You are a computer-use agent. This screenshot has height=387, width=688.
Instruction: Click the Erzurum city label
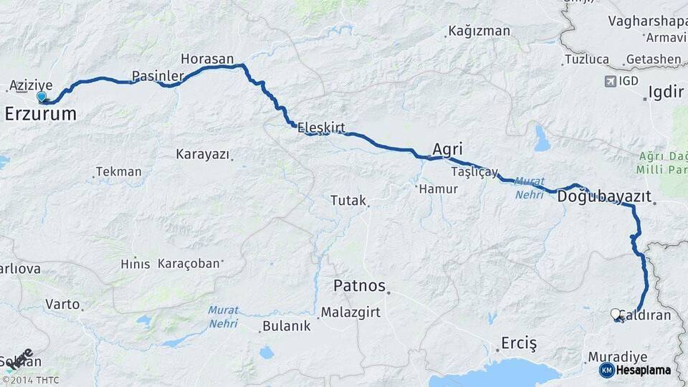click(40, 114)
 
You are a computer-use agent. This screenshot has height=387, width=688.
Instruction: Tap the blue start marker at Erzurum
click(42, 97)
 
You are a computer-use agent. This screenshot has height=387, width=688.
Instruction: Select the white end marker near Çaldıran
click(615, 313)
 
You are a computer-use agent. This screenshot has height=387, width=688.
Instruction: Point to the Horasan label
click(207, 59)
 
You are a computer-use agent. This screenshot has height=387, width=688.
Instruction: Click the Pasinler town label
click(153, 75)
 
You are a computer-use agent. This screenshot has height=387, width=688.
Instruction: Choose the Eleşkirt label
click(321, 128)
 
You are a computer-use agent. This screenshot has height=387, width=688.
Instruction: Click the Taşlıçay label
click(474, 172)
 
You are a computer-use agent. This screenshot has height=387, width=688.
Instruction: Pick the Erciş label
click(519, 343)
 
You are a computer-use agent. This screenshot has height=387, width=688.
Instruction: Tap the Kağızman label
click(479, 31)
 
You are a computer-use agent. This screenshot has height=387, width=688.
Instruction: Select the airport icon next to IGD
click(611, 81)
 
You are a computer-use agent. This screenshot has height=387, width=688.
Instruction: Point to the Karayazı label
click(201, 154)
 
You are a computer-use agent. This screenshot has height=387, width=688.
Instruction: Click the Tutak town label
click(348, 201)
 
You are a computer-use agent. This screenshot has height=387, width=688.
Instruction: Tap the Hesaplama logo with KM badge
click(635, 370)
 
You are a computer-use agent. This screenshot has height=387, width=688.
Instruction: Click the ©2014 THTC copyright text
click(30, 380)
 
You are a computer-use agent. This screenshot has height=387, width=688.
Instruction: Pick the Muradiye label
click(617, 356)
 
